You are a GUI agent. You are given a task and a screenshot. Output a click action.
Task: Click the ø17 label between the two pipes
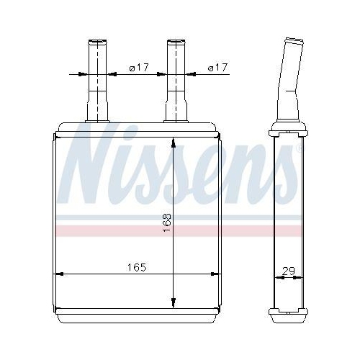138,68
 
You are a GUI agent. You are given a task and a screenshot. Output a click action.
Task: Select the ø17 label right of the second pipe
217,68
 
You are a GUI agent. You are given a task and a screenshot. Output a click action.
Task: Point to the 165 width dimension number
136,267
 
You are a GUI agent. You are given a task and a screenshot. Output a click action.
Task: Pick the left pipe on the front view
96,83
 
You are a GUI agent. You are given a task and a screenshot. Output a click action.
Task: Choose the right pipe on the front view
175,83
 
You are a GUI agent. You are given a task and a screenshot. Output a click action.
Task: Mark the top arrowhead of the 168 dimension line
174,143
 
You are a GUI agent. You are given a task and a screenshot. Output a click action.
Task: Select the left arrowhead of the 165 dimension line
60,274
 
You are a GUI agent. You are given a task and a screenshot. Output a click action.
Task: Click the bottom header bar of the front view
137,315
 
